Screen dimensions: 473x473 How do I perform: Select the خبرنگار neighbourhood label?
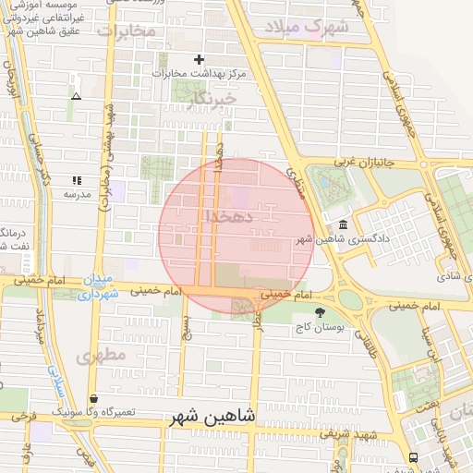coord(211,98)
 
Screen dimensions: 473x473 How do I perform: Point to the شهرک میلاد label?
coord(307,28)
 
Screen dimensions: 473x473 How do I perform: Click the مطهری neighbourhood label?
coord(101,356)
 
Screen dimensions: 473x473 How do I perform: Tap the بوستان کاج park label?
coord(320,329)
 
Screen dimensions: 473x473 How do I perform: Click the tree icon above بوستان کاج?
coord(320,313)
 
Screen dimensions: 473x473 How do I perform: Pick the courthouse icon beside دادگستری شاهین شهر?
coord(344,225)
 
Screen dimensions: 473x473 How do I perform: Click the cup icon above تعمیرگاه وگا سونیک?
coord(94,398)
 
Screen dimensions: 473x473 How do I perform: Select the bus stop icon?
coord(411,457)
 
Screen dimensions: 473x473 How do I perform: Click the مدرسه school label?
coord(77,195)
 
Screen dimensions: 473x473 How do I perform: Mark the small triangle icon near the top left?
coord(76,95)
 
